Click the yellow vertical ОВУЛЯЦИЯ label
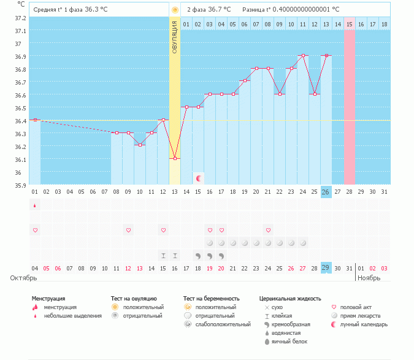175,37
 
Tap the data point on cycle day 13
175,158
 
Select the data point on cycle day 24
303,55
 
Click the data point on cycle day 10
140,145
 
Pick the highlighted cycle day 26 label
326,192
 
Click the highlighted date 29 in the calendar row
326,268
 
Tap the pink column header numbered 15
350,24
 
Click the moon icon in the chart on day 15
199,178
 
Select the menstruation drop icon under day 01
35,205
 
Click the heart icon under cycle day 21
268,230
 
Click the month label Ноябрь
370,278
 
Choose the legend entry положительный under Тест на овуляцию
144,307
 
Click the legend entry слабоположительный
215,324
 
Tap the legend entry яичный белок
289,341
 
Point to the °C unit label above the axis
22,4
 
